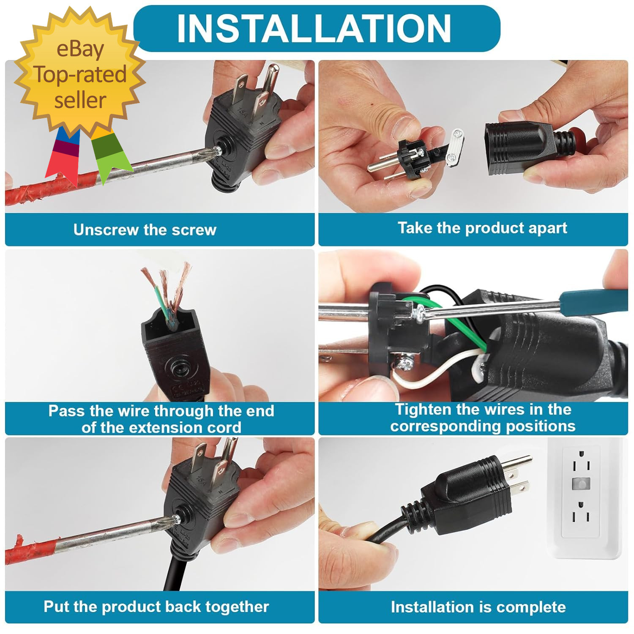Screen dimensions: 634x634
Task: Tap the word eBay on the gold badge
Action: [80, 49]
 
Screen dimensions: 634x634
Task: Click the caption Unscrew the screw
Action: [145, 230]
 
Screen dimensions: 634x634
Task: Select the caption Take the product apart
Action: [482, 228]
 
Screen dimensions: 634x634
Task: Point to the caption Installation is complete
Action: [478, 607]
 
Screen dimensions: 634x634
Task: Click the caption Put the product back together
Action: [156, 607]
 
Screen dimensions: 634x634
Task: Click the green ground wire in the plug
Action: [465, 325]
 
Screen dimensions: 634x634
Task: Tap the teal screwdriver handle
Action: [592, 300]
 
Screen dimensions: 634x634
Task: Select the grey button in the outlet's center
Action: [581, 484]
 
